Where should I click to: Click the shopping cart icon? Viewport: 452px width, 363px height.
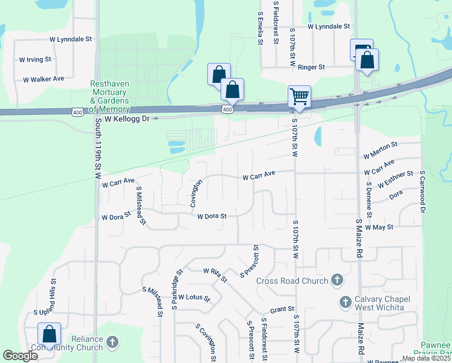299,96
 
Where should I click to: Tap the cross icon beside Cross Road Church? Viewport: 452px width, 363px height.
337,280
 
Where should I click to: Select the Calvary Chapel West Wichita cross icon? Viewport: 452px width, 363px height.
346,301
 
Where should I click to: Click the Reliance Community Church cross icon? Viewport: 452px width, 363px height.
112,343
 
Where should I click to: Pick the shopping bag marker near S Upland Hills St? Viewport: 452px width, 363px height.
49,334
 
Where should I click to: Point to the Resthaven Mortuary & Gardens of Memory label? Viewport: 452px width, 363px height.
109,97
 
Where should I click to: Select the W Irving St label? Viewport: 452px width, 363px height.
35,60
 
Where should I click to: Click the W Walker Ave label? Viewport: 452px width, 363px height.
44,79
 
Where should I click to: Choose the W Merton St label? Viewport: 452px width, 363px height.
380,150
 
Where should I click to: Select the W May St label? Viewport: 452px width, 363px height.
379,227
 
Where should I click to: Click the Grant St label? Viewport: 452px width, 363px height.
282,309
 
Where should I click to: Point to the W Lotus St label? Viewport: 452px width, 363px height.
193,298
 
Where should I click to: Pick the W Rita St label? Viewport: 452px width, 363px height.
215,275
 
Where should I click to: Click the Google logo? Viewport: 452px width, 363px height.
20,356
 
